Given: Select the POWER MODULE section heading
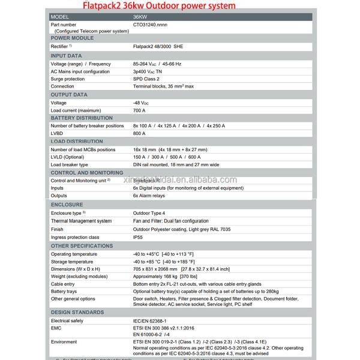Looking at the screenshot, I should tap(73, 38).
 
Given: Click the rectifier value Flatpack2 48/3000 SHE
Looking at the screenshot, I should tap(159, 46).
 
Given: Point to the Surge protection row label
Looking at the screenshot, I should tap(67, 79).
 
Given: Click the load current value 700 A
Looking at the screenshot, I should tap(139, 110).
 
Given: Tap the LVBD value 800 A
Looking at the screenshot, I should tap(139, 134).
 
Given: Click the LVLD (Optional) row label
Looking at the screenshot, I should tap(67, 157).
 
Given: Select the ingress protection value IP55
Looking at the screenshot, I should tap(139, 238).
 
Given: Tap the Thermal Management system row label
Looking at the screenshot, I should tap(81, 221).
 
